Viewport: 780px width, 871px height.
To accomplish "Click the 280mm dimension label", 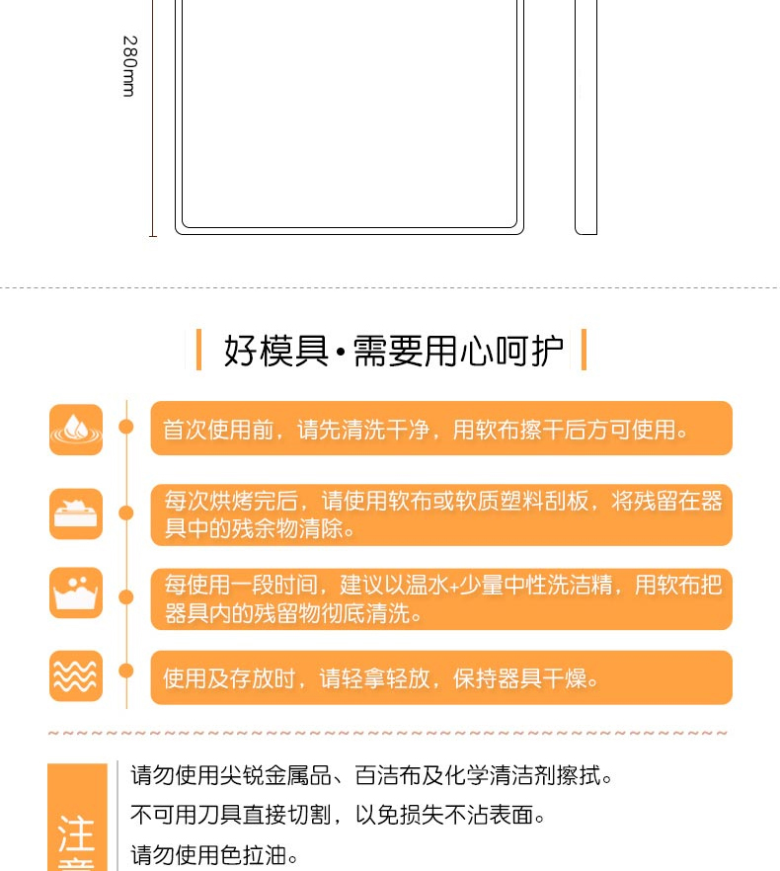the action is (x=129, y=67).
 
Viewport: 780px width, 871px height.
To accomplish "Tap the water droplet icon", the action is (x=76, y=430).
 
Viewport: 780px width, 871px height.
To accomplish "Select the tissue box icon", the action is (x=76, y=514).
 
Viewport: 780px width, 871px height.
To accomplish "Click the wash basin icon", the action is (x=76, y=593).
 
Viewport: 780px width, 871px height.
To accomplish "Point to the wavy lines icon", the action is (x=76, y=676).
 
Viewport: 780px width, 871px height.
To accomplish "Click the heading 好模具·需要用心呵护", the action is (x=393, y=351).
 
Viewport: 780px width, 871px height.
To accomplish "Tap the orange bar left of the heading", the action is (x=198, y=350).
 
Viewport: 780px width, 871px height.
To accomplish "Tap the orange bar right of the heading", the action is (x=584, y=350).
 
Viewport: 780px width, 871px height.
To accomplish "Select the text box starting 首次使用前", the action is (x=441, y=429).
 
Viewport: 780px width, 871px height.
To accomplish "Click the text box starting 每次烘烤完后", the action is (x=441, y=515).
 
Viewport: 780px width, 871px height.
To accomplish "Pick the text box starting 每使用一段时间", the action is (x=441, y=599).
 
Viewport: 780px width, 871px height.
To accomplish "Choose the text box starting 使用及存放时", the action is (x=441, y=677).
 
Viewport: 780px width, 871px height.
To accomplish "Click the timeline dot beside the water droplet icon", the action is (x=126, y=427).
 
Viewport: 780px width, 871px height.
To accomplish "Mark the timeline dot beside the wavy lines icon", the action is (x=126, y=672).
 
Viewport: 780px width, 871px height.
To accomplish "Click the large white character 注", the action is (x=76, y=833).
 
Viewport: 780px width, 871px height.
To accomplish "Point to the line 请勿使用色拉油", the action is (x=214, y=855).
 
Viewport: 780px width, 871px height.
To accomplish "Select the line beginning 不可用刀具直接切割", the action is (x=338, y=815).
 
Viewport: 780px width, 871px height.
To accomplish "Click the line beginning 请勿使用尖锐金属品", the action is (x=371, y=775).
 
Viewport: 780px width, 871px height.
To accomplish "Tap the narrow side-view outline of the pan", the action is (x=585, y=117).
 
